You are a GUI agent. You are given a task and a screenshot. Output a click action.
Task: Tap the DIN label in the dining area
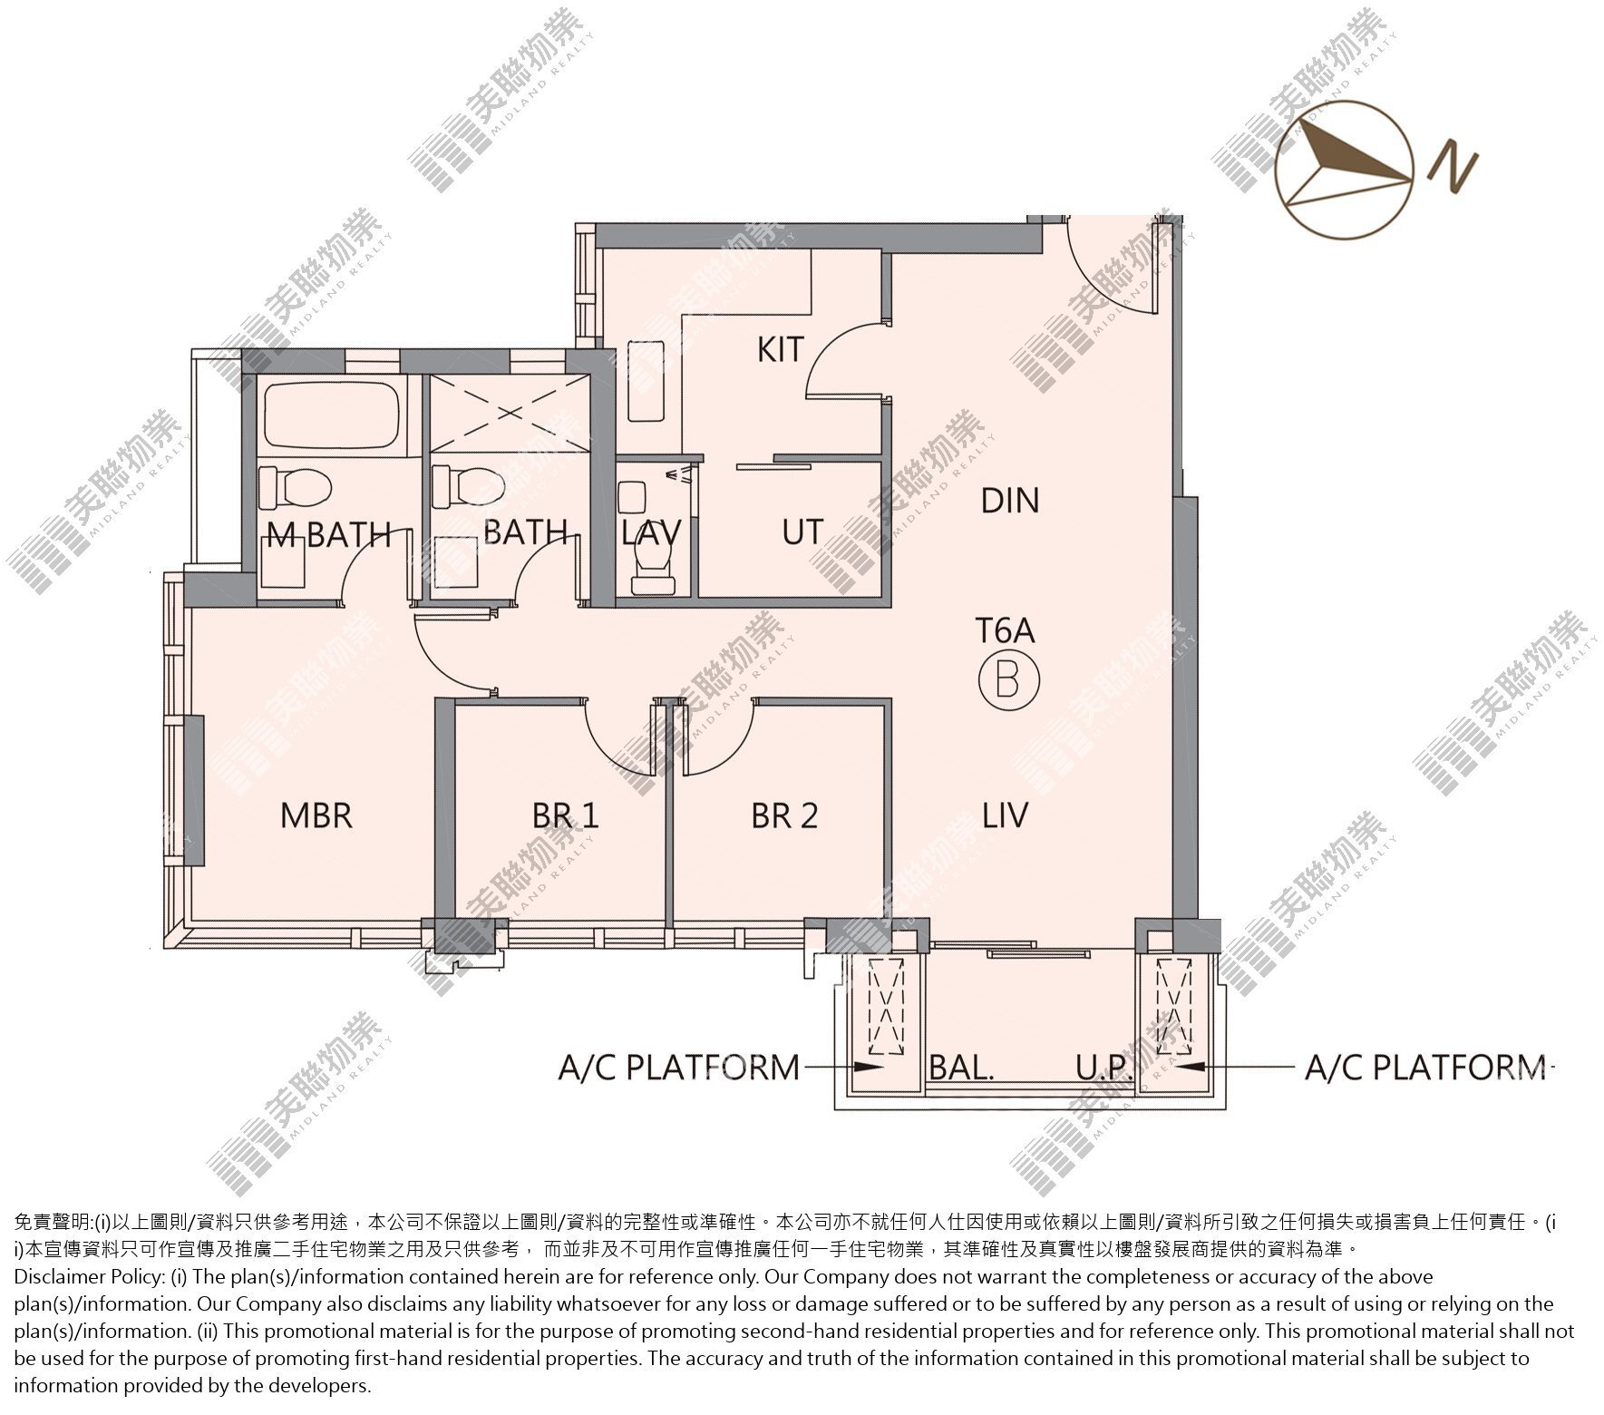point(1010,500)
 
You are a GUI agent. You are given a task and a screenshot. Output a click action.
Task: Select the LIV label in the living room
point(1006,815)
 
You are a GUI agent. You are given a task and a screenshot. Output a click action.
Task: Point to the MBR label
point(316,815)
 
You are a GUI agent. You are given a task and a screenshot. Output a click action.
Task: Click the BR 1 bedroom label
point(565,815)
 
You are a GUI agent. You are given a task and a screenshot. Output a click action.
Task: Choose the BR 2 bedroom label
point(784,815)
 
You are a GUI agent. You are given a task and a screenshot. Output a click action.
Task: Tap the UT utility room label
point(802,532)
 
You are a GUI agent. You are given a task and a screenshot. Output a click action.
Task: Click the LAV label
point(651,532)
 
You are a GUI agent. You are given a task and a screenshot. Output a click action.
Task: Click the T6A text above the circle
point(1005,630)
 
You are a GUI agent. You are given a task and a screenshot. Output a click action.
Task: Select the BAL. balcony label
point(961,1067)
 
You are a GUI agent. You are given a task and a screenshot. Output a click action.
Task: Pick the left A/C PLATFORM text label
point(679,1068)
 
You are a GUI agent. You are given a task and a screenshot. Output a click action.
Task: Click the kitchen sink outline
point(646,381)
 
